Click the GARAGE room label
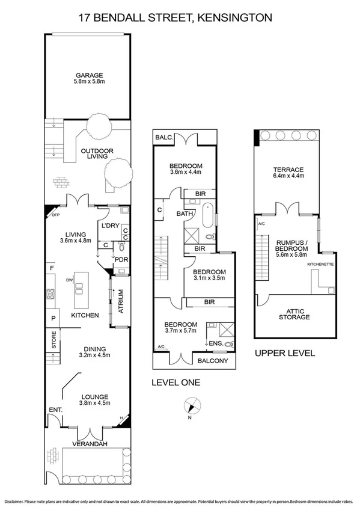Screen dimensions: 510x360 point(88,76)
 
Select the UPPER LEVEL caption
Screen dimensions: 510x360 point(284,354)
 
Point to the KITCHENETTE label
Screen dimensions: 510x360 point(320,264)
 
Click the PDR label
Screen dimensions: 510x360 point(121,260)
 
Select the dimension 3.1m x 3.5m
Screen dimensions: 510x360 point(210,278)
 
